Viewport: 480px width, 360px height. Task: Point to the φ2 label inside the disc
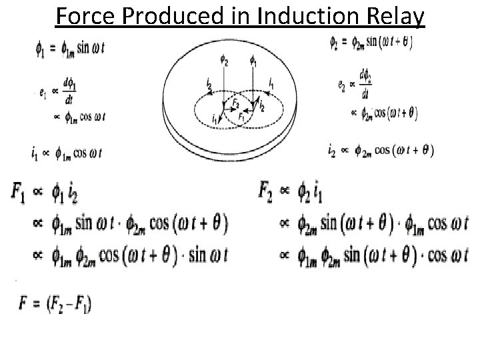[x=225, y=62]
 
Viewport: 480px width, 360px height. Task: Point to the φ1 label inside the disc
[x=252, y=62]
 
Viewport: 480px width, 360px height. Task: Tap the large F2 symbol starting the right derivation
[x=267, y=191]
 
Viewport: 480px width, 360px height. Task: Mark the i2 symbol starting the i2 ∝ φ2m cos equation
[x=332, y=150]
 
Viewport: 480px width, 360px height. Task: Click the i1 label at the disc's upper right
[x=270, y=83]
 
